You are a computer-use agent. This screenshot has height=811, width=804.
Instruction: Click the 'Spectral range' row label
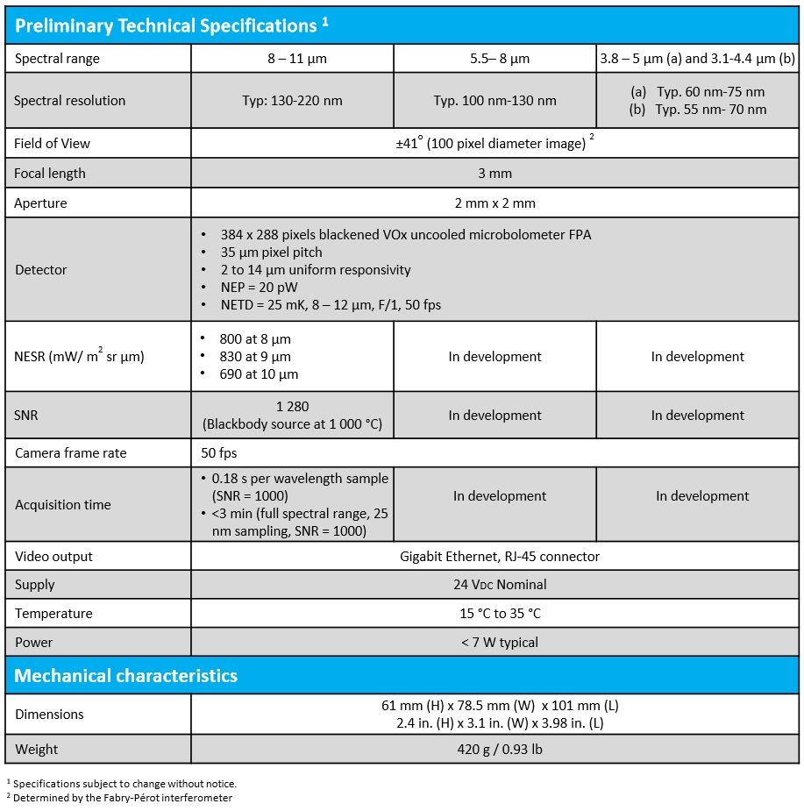57,59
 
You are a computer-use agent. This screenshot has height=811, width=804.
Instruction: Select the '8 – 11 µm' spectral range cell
292,59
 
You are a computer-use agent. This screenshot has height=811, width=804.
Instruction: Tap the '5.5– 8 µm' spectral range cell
494,59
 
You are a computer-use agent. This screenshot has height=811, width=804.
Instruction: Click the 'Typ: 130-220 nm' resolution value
292,101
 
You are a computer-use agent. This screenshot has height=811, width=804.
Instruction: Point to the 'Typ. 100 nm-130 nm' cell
494,101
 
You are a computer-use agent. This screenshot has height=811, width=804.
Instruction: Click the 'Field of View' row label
52,144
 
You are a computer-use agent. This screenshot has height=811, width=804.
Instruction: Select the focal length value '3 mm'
494,174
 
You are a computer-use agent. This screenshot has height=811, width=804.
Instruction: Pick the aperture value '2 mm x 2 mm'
494,203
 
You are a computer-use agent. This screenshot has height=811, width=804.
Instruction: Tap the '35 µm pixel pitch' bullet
272,253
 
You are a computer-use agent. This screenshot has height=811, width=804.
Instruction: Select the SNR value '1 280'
292,407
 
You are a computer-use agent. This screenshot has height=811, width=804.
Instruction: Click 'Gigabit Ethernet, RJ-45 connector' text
494,557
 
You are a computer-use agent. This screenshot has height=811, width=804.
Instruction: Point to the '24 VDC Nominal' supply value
494,585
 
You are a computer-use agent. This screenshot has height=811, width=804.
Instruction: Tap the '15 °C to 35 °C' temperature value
494,614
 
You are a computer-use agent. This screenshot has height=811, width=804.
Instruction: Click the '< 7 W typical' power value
494,643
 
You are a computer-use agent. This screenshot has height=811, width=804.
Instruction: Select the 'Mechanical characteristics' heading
126,676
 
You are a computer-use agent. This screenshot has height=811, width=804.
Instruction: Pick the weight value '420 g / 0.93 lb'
494,750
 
